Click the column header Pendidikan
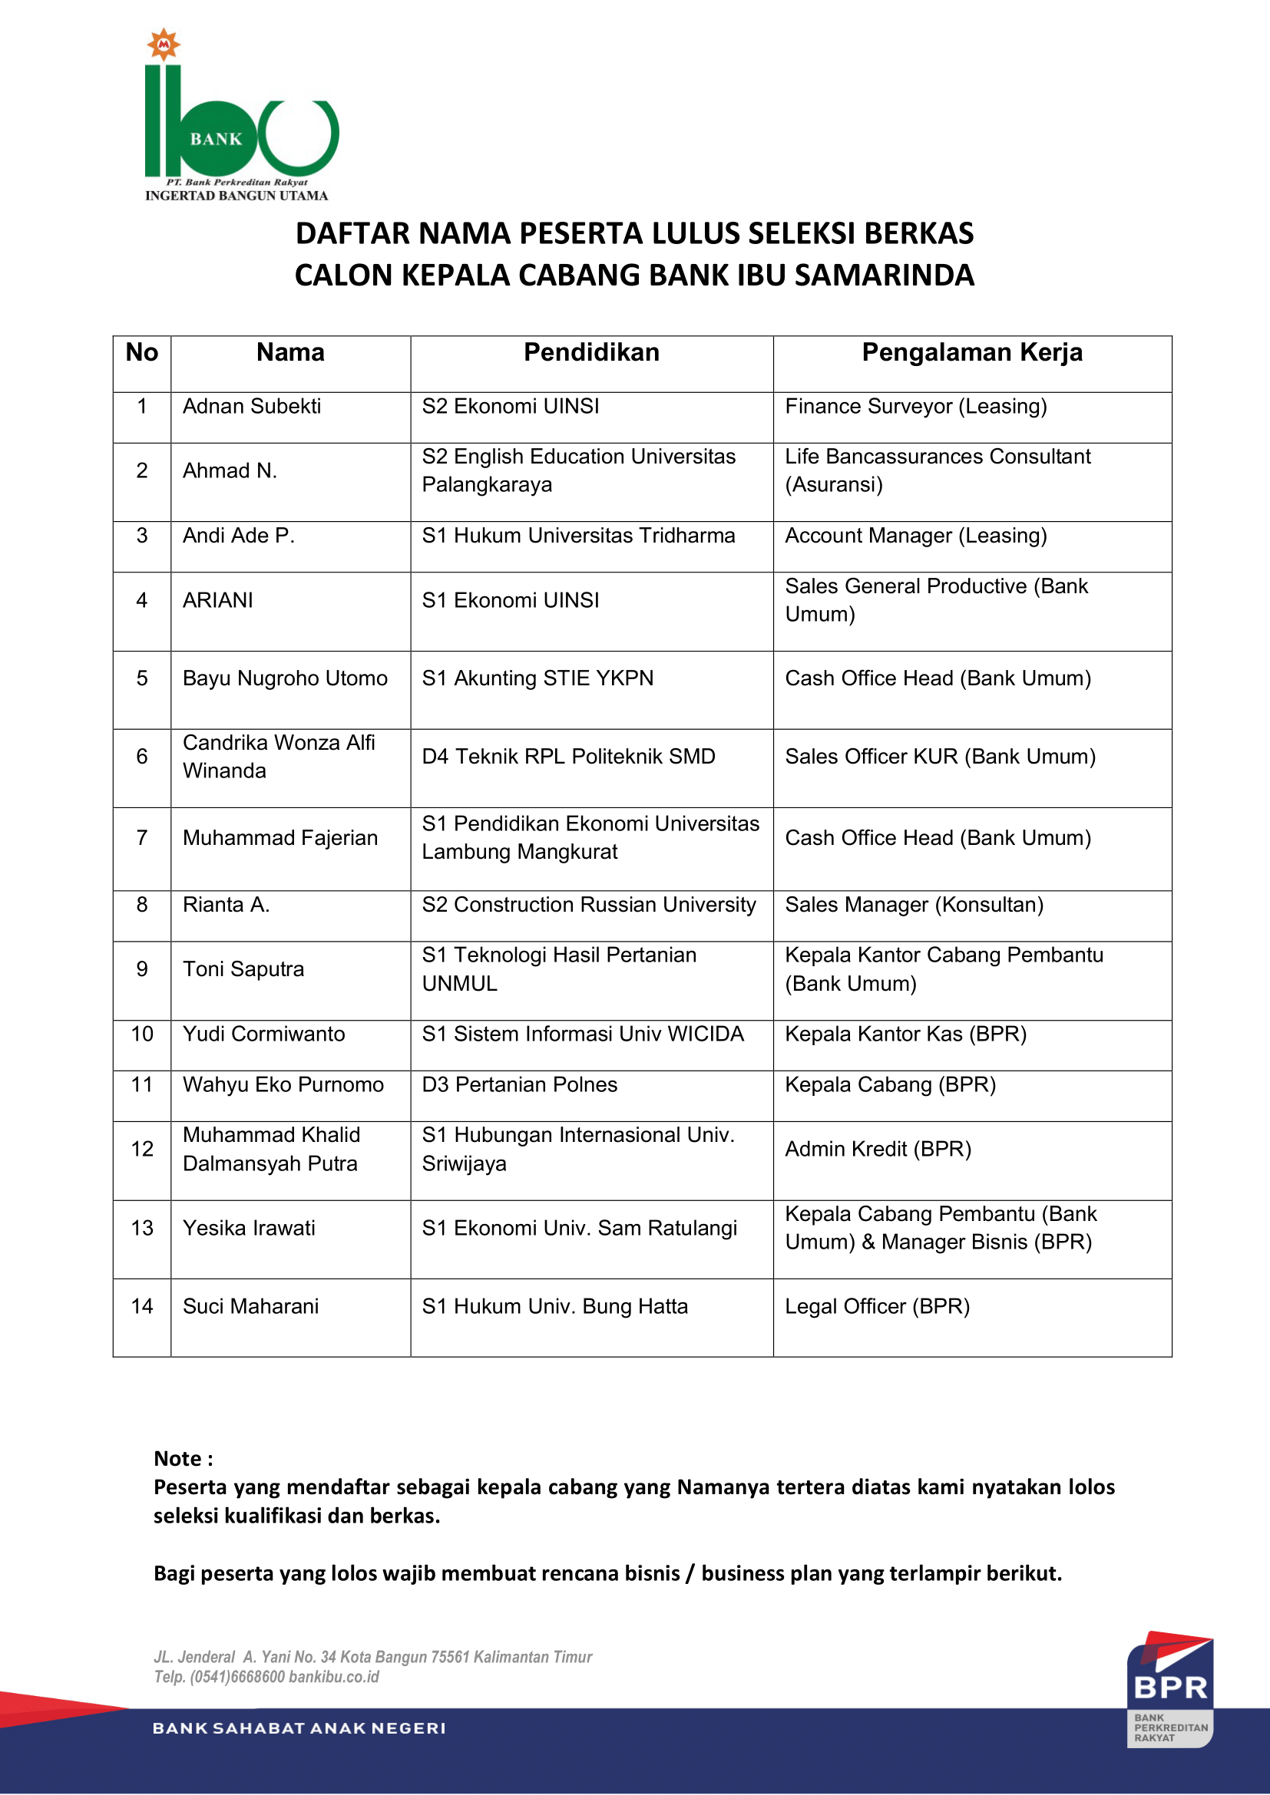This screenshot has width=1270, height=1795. click(x=591, y=352)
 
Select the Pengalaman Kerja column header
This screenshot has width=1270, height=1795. click(x=971, y=352)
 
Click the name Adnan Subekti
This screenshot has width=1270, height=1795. click(x=252, y=407)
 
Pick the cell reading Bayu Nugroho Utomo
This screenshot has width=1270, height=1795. click(x=285, y=678)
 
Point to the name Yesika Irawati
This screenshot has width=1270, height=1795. click(x=249, y=1228)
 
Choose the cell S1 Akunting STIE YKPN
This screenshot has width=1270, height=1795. click(x=537, y=678)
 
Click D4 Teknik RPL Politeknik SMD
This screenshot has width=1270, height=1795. click(x=568, y=757)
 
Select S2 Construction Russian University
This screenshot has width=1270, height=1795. click(x=589, y=905)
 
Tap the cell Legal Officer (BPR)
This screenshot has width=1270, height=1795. click(x=877, y=1306)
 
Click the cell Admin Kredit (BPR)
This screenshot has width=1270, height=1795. click(x=878, y=1150)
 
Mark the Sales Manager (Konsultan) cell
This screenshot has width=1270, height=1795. click(x=914, y=905)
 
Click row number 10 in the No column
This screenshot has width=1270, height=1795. click(x=142, y=1034)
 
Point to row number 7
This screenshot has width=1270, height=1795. click(x=142, y=838)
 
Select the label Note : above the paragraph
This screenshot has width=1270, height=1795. click(x=183, y=1459)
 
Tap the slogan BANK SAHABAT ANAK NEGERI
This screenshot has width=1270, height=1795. click(x=299, y=1728)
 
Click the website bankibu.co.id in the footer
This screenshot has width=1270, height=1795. click(x=334, y=1677)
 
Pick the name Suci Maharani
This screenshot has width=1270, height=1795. click(x=250, y=1306)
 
